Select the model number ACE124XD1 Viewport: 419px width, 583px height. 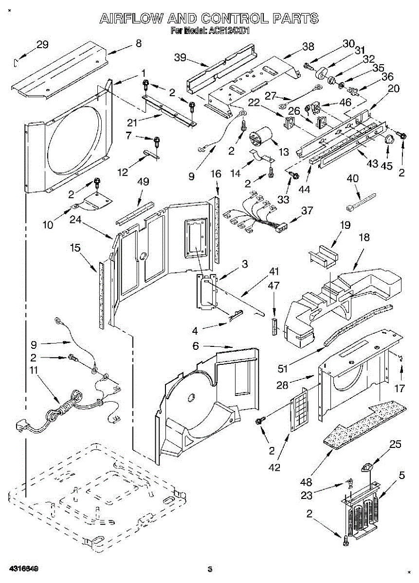[x=229, y=31]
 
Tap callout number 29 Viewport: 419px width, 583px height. [x=42, y=45]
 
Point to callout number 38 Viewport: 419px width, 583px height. [x=308, y=47]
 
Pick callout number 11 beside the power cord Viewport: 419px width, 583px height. [x=33, y=371]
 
